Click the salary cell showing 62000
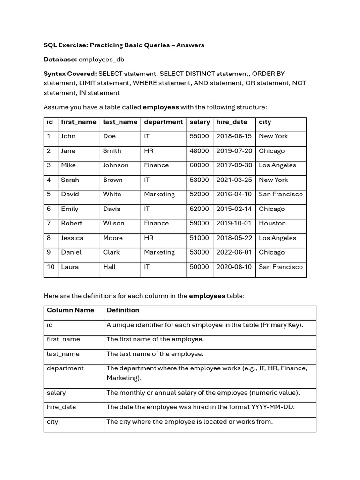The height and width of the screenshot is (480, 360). click(199, 209)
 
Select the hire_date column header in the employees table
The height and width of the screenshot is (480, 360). click(232, 122)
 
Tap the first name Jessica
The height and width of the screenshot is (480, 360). click(72, 238)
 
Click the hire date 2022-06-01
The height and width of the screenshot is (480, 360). click(234, 253)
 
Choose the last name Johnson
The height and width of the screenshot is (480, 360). click(116, 165)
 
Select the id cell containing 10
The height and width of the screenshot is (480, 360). click(51, 267)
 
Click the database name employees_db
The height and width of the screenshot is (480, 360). click(101, 60)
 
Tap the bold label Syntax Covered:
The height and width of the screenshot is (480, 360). click(70, 74)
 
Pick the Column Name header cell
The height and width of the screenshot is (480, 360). click(70, 310)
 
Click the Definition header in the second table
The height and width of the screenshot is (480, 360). click(123, 310)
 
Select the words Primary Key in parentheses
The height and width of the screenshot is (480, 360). click(283, 325)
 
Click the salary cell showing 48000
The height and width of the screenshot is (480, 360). click(199, 151)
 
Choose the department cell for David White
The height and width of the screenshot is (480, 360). click(159, 195)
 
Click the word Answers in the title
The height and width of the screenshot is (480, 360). click(190, 45)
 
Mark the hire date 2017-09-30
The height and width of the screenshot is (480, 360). click(234, 165)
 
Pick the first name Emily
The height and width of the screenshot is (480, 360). click(70, 209)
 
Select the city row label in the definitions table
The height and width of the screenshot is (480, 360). click(52, 422)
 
